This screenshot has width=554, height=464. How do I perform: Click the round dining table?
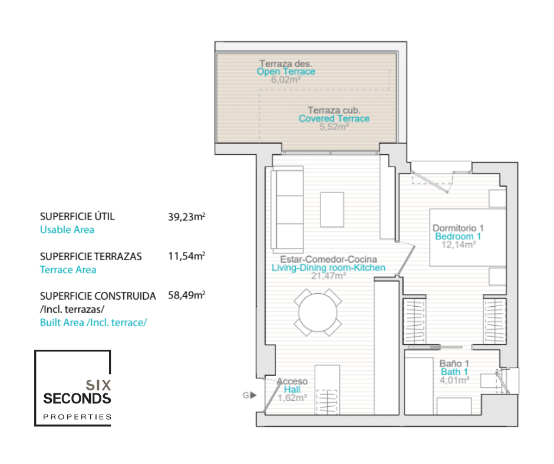pyautogui.click(x=318, y=313)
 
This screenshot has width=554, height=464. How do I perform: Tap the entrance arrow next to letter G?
pyautogui.click(x=253, y=395)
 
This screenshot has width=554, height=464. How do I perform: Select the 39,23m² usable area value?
pyautogui.click(x=187, y=217)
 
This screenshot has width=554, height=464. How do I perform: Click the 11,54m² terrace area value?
pyautogui.click(x=187, y=256)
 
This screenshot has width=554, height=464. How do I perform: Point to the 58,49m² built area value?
pyautogui.click(x=187, y=295)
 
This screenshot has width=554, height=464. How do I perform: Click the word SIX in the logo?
pyautogui.click(x=98, y=385)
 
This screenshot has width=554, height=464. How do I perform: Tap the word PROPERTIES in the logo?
pyautogui.click(x=77, y=417)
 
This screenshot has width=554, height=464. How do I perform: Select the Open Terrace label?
pyautogui.click(x=286, y=72)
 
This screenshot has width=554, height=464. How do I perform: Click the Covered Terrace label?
pyautogui.click(x=334, y=118)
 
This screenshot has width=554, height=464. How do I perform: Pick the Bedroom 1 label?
pyautogui.click(x=458, y=236)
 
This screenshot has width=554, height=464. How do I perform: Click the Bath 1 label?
pyautogui.click(x=454, y=372)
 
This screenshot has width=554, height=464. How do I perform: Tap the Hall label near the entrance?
pyautogui.click(x=292, y=389)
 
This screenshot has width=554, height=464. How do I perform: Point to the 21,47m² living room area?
pyautogui.click(x=328, y=276)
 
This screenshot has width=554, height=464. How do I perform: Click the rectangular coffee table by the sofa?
pyautogui.click(x=332, y=210)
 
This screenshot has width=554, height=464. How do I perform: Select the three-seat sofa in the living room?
pyautogui.click(x=287, y=210)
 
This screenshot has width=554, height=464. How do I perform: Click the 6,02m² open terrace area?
pyautogui.click(x=286, y=80)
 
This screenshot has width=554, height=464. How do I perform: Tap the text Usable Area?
pyautogui.click(x=67, y=230)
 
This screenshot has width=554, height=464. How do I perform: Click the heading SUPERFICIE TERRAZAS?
pyautogui.click(x=91, y=256)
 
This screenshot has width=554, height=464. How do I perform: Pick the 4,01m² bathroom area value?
pyautogui.click(x=454, y=380)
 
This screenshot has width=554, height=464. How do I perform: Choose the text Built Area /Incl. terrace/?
pyautogui.click(x=93, y=323)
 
